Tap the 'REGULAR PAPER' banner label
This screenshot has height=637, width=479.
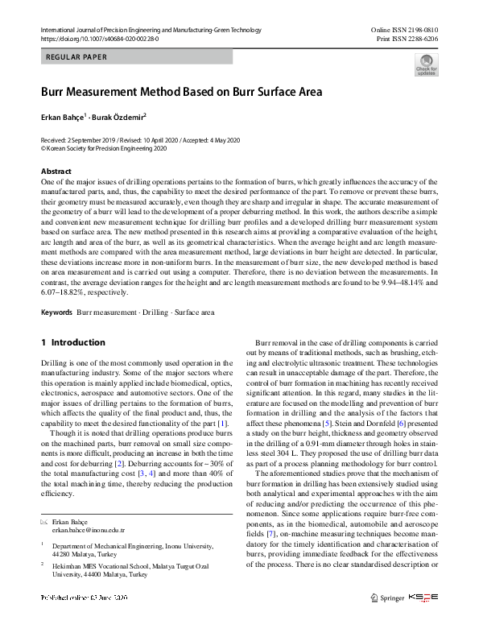coord(77,57)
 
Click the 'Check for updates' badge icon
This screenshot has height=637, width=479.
coord(426,64)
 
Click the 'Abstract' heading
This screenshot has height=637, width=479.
coord(56,172)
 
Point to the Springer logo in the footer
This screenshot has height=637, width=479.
coord(386,598)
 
